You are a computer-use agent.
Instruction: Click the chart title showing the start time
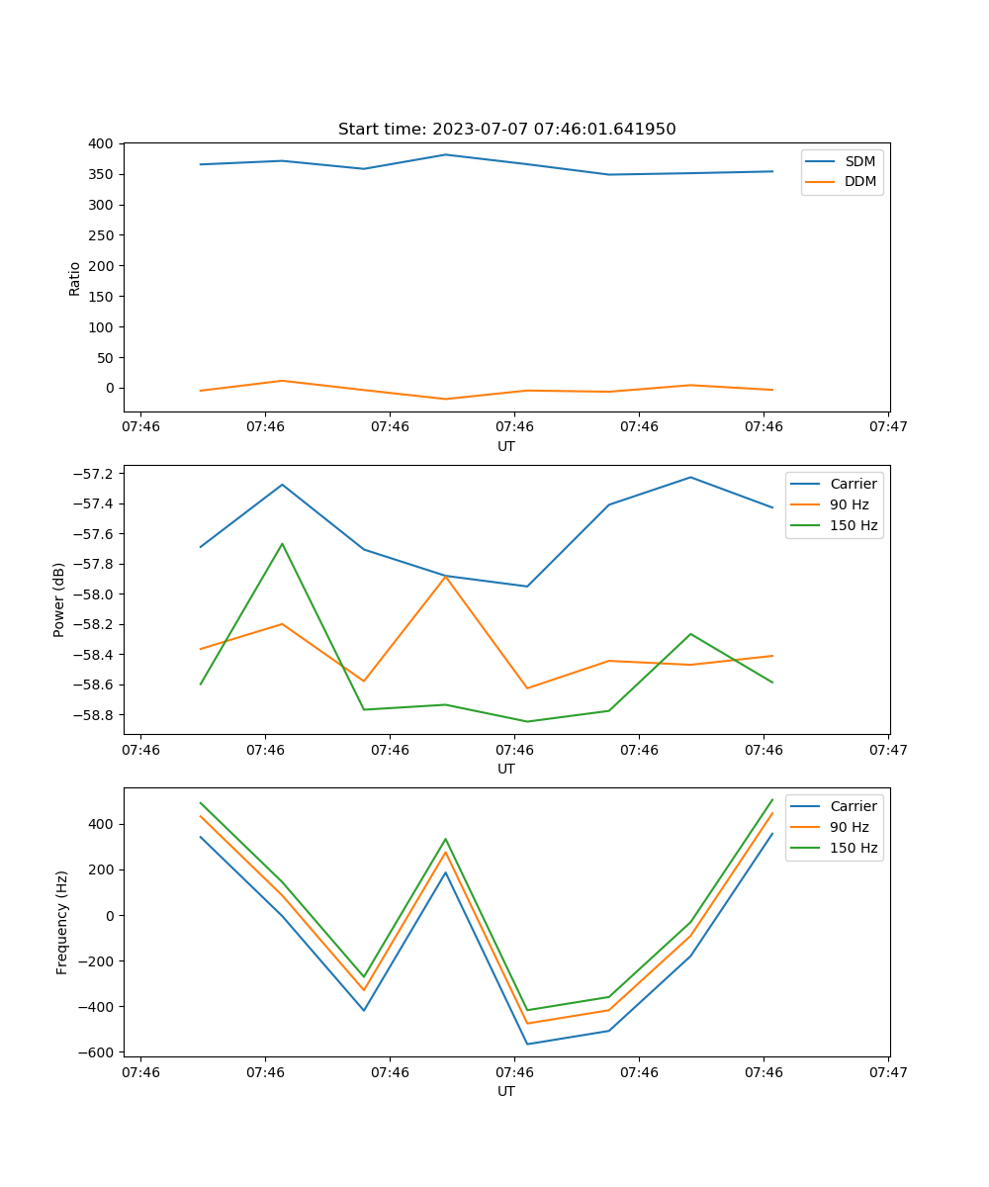click(506, 130)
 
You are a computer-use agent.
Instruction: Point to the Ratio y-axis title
click(74, 278)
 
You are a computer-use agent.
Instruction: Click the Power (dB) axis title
click(59, 599)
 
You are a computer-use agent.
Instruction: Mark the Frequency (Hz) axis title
click(61, 922)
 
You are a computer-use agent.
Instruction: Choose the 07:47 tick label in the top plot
click(887, 427)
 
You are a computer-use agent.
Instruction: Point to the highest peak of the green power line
click(282, 543)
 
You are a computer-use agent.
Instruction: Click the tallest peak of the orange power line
click(445, 576)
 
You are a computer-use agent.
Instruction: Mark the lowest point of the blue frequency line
click(527, 1044)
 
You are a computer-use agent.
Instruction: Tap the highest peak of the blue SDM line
click(445, 154)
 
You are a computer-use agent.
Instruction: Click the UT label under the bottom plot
click(506, 1091)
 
